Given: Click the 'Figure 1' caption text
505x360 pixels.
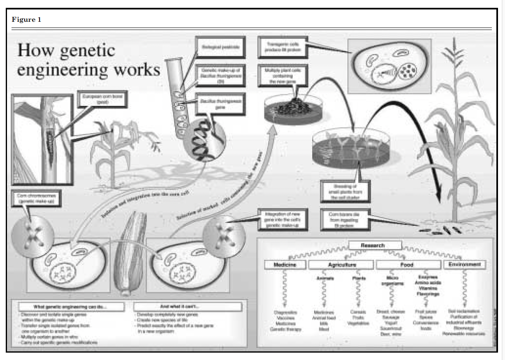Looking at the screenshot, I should point(26,20).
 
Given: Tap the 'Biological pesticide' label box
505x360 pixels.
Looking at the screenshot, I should point(218,47).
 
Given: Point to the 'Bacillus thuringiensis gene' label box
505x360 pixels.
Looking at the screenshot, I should point(220,104).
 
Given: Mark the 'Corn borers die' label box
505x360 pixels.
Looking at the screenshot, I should point(345,217).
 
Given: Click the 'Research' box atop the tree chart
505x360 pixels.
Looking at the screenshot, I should point(375,245).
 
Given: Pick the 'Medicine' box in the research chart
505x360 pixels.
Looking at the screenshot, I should point(285,265).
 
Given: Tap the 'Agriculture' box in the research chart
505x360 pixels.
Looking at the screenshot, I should point(342,265).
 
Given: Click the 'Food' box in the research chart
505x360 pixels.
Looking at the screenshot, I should point(407,265).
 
